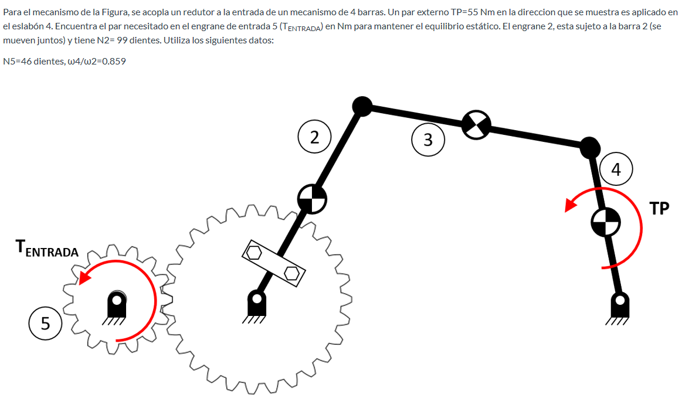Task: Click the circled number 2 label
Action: pyautogui.click(x=315, y=138)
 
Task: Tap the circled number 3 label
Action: pyautogui.click(x=427, y=140)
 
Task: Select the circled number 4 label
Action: pyautogui.click(x=615, y=169)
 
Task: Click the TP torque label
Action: pyautogui.click(x=660, y=209)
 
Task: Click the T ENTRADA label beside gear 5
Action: pyautogui.click(x=47, y=249)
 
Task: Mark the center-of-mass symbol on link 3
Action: pyautogui.click(x=476, y=125)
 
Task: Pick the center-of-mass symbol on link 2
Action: pyautogui.click(x=312, y=200)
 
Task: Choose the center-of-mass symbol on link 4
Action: pyautogui.click(x=605, y=222)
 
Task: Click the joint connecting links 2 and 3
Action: pyautogui.click(x=362, y=106)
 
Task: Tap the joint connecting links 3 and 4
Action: pyautogui.click(x=590, y=147)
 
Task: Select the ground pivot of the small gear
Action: pyautogui.click(x=117, y=304)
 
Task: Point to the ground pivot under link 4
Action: pyautogui.click(x=619, y=304)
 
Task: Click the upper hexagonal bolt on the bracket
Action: pyautogui.click(x=255, y=253)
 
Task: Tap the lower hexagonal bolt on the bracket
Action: pyautogui.click(x=291, y=273)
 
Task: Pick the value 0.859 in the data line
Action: pyautogui.click(x=114, y=62)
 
